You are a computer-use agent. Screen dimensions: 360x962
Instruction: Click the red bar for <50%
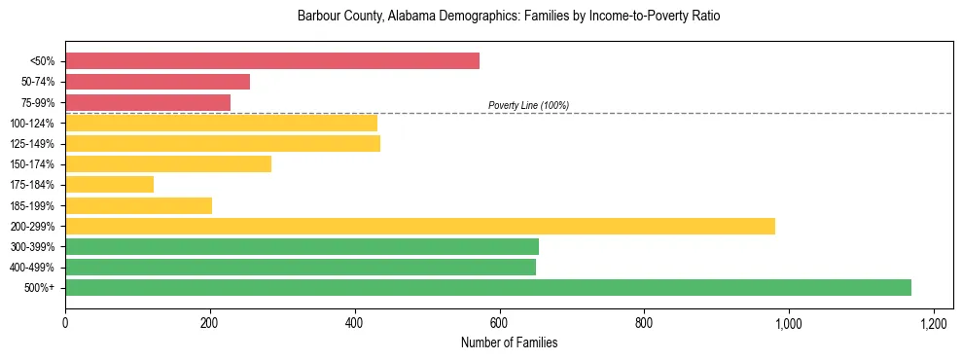(x=272, y=61)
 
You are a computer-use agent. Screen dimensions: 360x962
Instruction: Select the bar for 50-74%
(x=158, y=82)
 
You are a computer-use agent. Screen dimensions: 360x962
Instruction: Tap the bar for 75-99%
(x=148, y=102)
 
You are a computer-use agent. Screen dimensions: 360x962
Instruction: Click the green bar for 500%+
(x=488, y=287)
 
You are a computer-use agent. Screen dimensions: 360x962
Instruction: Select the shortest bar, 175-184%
(x=109, y=184)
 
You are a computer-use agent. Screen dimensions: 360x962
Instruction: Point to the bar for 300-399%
(x=302, y=246)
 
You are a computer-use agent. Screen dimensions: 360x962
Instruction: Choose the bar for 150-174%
(x=168, y=163)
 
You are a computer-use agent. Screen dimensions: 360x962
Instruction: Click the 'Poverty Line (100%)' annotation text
(x=528, y=105)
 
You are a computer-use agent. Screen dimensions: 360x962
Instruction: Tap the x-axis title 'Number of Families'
(x=509, y=343)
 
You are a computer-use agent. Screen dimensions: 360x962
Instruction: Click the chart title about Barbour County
(x=509, y=17)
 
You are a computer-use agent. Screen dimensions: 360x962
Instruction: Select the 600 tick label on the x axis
(x=499, y=323)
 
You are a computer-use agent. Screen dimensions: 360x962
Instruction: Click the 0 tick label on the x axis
(x=65, y=323)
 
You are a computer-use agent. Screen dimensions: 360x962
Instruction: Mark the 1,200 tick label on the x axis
(x=933, y=323)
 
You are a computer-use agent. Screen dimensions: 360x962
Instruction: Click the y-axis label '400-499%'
(x=32, y=268)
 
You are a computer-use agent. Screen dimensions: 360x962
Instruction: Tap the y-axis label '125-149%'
(x=32, y=144)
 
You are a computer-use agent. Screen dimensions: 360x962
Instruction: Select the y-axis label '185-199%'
(x=32, y=205)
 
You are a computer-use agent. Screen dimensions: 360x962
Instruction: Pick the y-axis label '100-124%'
(x=32, y=124)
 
